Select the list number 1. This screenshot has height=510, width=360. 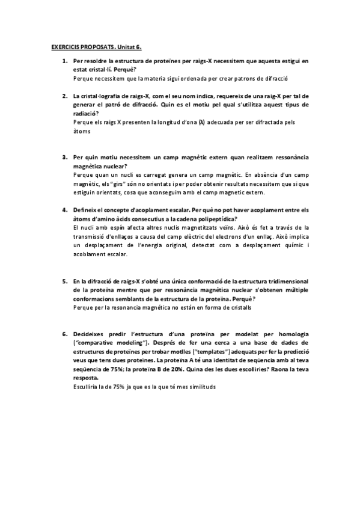tap(64, 61)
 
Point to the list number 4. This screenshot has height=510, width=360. tap(64, 210)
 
